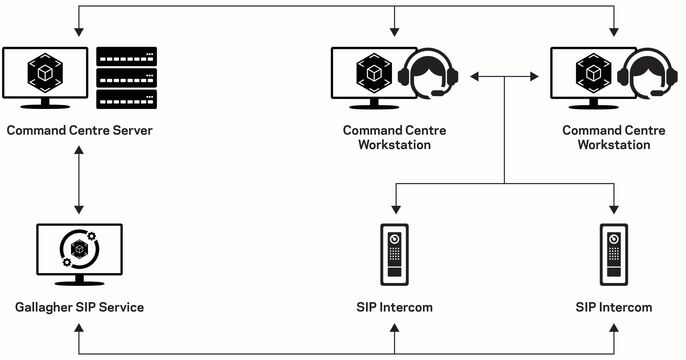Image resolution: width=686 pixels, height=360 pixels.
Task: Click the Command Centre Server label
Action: pyautogui.click(x=79, y=130)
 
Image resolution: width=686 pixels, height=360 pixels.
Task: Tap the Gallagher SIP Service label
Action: pyautogui.click(x=79, y=307)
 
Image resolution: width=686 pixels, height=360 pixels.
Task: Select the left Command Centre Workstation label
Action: pyautogui.click(x=394, y=137)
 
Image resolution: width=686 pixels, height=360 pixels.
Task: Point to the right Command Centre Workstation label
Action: pyautogui.click(x=613, y=137)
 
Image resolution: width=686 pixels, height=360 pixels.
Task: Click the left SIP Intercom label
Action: pyautogui.click(x=394, y=307)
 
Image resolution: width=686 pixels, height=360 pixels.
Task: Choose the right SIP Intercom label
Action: pyautogui.click(x=613, y=307)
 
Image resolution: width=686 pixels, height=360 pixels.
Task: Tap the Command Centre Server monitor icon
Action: pyautogui.click(x=44, y=76)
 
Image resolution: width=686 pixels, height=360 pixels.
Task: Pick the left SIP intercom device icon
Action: pyautogui.click(x=394, y=254)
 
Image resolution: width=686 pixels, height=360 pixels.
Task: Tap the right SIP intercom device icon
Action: pyautogui.click(x=613, y=254)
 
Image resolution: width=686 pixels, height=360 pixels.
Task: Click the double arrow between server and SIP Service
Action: pyautogui.click(x=79, y=181)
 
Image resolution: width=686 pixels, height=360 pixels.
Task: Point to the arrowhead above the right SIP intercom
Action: pyautogui.click(x=613, y=212)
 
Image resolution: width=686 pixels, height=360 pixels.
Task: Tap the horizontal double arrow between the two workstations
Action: pyautogui.click(x=505, y=76)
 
